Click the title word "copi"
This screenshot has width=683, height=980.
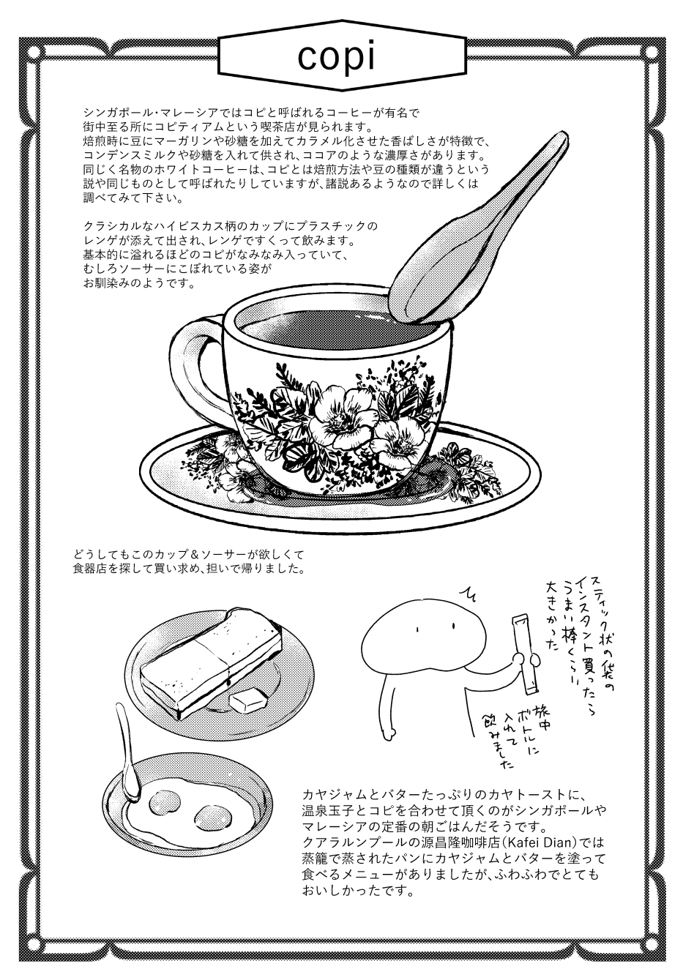click(x=336, y=57)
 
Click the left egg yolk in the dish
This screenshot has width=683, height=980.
click(x=165, y=803)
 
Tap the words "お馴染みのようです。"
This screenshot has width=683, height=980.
click(x=138, y=283)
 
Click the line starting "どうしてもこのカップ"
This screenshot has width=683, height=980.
click(x=188, y=555)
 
